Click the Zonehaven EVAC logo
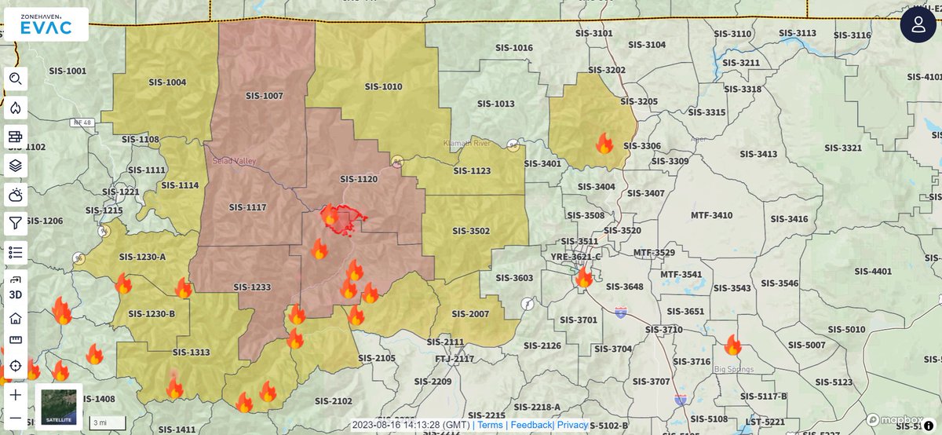point(45,24)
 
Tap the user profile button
point(918,24)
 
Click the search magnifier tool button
point(16,79)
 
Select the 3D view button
point(16,294)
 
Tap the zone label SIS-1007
point(264,96)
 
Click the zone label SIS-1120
point(359,179)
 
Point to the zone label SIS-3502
point(471,231)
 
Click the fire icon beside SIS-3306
point(604,144)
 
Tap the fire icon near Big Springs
point(732,345)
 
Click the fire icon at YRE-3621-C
point(584,277)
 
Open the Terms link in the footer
point(490,425)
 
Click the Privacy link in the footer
point(572,425)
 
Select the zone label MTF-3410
point(711,215)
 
